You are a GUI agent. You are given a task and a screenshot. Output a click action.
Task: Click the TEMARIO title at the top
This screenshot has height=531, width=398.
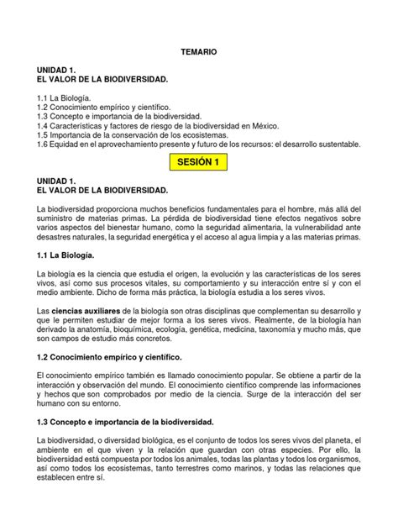pyautogui.click(x=199, y=52)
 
